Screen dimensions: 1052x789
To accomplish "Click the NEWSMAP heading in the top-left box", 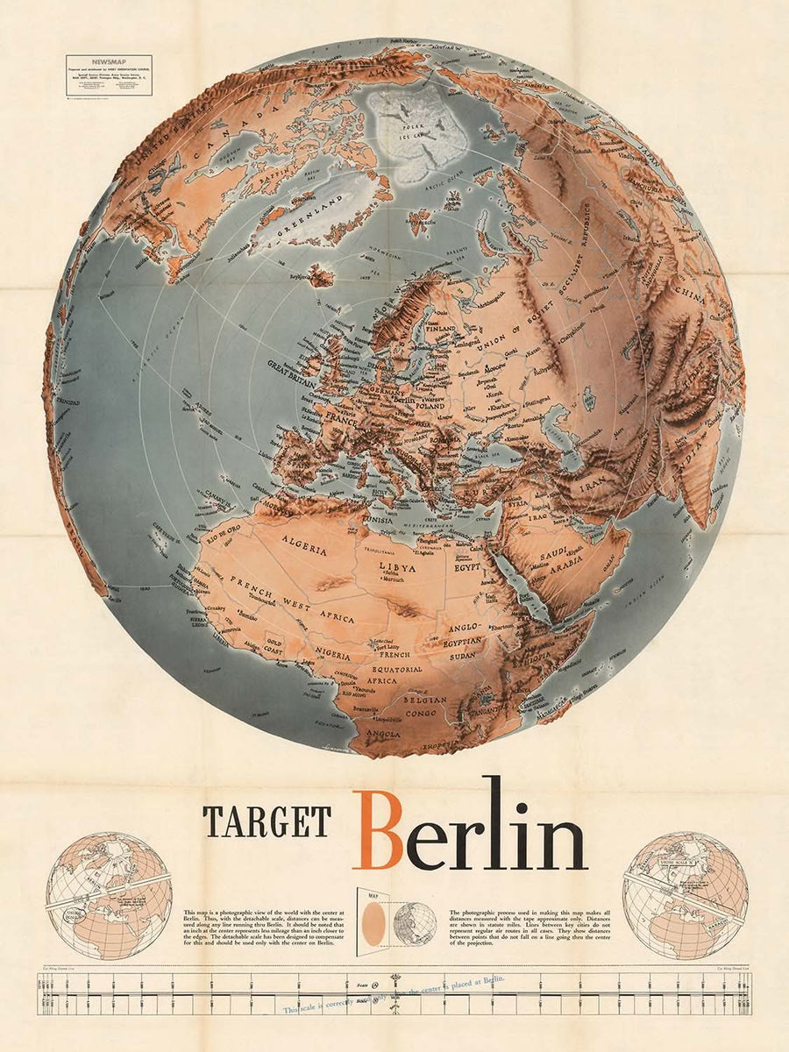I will (108, 62).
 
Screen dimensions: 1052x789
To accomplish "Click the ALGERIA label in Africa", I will (303, 549).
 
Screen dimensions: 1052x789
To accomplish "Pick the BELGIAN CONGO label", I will (423, 706).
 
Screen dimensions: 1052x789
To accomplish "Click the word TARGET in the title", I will (267, 821).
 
